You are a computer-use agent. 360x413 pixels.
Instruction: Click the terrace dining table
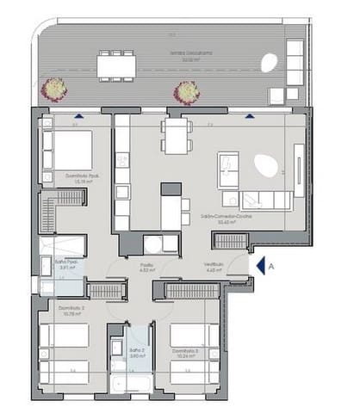pyautogui.click(x=116, y=65)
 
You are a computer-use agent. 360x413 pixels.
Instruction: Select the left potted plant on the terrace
pyautogui.click(x=54, y=89)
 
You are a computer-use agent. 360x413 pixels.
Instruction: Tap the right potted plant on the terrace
pyautogui.click(x=185, y=91)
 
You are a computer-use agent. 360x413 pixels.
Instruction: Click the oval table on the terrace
pyautogui.click(x=269, y=65)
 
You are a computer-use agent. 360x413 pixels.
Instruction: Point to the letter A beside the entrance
pyautogui.click(x=271, y=267)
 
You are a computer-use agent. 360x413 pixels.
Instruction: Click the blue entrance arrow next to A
pyautogui.click(x=259, y=267)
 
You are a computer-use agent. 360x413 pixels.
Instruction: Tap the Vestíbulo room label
pyautogui.click(x=214, y=266)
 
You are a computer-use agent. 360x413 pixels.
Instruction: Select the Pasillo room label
pyautogui.click(x=147, y=266)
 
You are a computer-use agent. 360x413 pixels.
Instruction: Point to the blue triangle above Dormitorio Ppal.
pyautogui.click(x=79, y=115)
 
